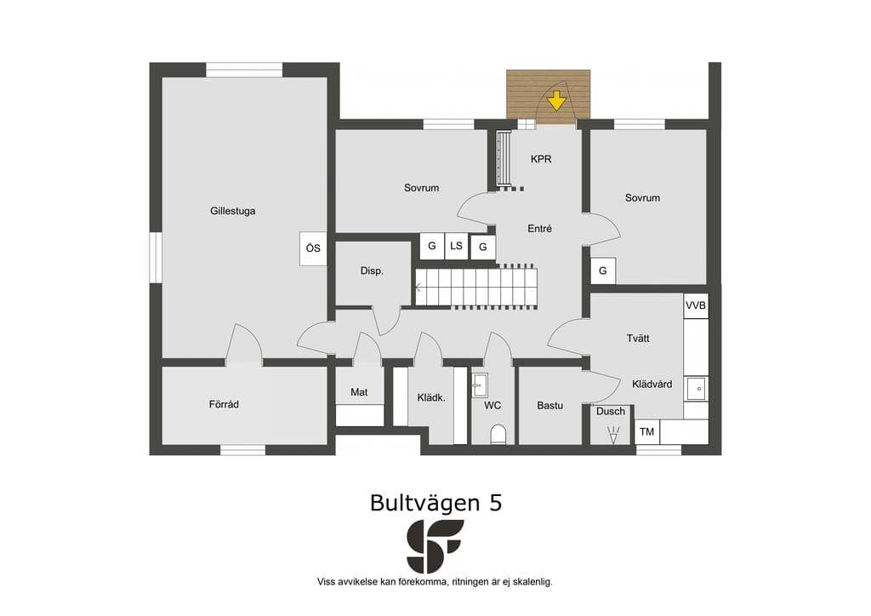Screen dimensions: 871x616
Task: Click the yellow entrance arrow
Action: pos(556,101)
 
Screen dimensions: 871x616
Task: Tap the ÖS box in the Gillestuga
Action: pos(313,248)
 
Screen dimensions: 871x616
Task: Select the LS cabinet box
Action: pos(456,246)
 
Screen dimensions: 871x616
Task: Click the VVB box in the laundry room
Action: pos(696,305)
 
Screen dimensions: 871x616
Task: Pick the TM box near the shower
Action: pos(646,431)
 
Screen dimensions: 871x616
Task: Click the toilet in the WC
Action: pos(498,435)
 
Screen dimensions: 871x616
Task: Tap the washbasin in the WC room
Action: pos(480,385)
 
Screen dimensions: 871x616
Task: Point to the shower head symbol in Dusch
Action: pos(613,434)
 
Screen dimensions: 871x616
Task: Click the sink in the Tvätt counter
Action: pos(696,389)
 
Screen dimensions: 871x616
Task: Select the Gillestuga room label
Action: pos(233,211)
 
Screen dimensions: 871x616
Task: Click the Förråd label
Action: pos(224,404)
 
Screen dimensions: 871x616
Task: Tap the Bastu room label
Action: pos(550,406)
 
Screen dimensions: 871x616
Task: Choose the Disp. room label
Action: pos(372,271)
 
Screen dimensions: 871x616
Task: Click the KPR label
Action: pos(541,159)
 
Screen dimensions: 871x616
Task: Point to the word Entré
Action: pos(540,228)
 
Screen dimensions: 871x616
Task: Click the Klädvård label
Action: pos(652,384)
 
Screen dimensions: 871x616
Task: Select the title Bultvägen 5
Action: pos(436,503)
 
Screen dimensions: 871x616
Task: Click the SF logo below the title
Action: pos(435,546)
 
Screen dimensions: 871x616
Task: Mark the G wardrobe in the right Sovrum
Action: pos(603,271)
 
